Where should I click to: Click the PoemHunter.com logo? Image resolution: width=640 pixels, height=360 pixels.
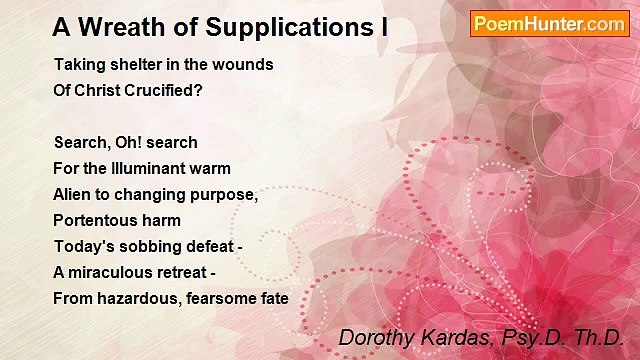click(x=549, y=23)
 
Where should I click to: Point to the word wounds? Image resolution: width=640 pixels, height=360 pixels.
click(x=245, y=65)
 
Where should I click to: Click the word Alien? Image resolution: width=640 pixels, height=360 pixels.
click(x=74, y=195)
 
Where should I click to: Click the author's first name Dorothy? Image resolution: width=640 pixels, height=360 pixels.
click(x=373, y=338)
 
